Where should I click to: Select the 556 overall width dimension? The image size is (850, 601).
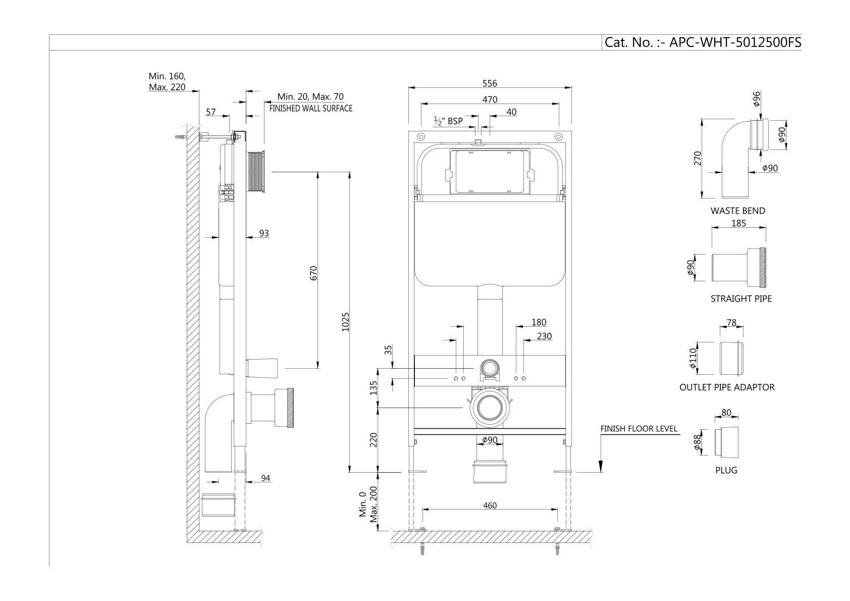tap(490, 84)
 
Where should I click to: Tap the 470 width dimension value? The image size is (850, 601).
tap(490, 99)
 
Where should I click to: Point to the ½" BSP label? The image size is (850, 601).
tap(448, 121)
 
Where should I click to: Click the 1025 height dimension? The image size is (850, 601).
tap(345, 322)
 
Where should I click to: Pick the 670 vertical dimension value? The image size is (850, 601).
tap(313, 273)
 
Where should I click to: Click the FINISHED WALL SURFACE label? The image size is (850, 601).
tap(310, 108)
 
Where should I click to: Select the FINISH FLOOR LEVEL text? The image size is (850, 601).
tap(639, 429)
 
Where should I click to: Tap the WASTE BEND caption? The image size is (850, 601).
tap(737, 211)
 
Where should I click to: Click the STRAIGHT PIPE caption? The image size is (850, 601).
tap(741, 298)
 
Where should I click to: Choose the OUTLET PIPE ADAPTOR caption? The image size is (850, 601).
tap(727, 387)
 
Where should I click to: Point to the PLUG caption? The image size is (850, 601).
tap(726, 470)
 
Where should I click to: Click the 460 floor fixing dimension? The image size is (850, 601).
tap(490, 506)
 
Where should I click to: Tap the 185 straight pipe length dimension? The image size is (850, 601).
tap(738, 223)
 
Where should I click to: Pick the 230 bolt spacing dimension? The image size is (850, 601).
tap(544, 336)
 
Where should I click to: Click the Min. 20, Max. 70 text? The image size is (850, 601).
tap(311, 97)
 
